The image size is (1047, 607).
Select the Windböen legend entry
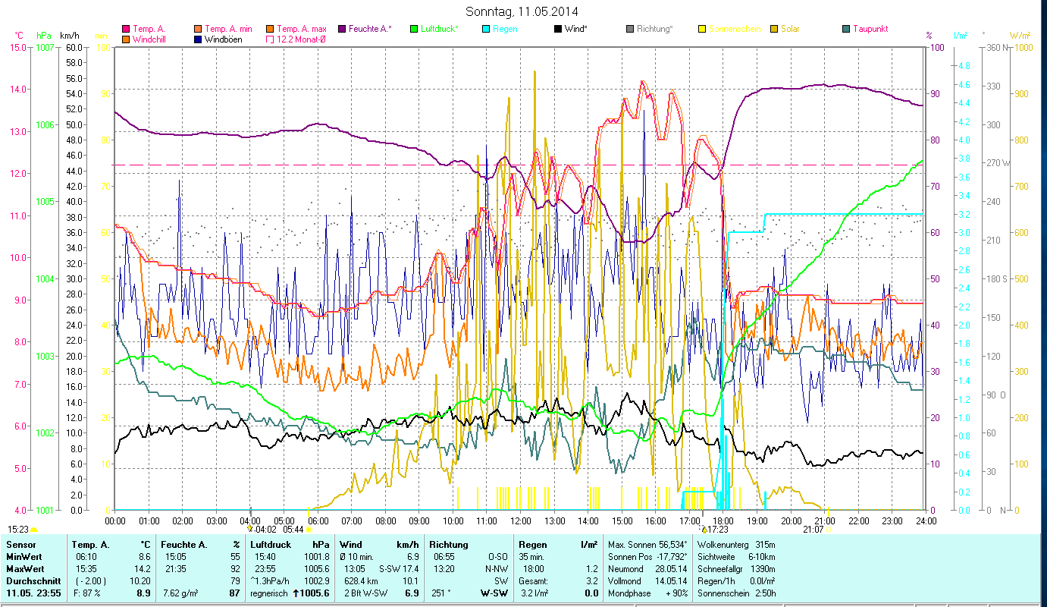coord(223,39)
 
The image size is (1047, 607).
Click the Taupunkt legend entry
coord(870,29)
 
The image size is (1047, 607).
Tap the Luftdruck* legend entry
coord(434,29)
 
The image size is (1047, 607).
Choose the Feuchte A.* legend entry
coord(370,29)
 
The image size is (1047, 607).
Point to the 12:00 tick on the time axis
coord(520,521)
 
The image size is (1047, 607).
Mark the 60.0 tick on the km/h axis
coord(74,47)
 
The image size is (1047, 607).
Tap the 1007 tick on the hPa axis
coord(45,47)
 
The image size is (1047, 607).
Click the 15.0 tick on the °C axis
coord(17,47)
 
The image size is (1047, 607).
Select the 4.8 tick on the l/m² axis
coord(964,66)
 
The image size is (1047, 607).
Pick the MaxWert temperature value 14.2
coord(141,568)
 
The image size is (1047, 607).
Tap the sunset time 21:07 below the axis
coord(813,529)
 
